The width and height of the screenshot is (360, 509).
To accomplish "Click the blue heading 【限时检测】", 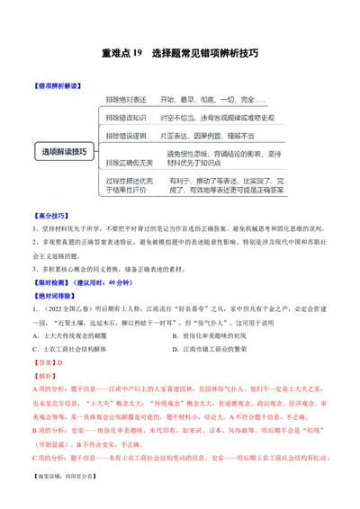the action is click(x=51, y=273).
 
